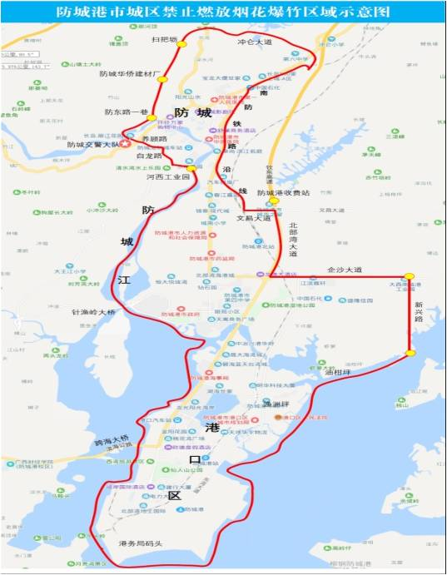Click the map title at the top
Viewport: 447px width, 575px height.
coord(223,12)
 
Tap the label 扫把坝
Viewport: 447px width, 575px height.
coord(165,39)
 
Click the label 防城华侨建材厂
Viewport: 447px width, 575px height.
coord(128,73)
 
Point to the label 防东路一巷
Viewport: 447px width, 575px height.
coord(126,112)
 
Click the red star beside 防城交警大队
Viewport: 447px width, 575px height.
coord(125,143)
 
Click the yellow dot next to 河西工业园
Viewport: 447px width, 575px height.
coord(192,168)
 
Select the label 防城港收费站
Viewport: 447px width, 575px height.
coord(283,193)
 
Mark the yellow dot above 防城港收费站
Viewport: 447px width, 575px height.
coord(273,201)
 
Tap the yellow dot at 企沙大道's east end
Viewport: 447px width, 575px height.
coord(409,277)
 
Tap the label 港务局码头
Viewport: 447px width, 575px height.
coord(132,543)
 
